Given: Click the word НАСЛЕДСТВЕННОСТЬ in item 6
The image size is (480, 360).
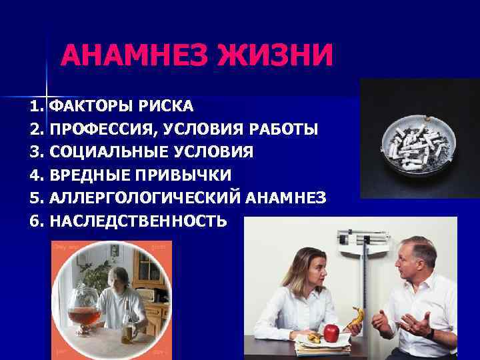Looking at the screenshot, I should tap(138, 221).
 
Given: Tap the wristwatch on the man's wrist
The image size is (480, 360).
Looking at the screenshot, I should tap(433, 332).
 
